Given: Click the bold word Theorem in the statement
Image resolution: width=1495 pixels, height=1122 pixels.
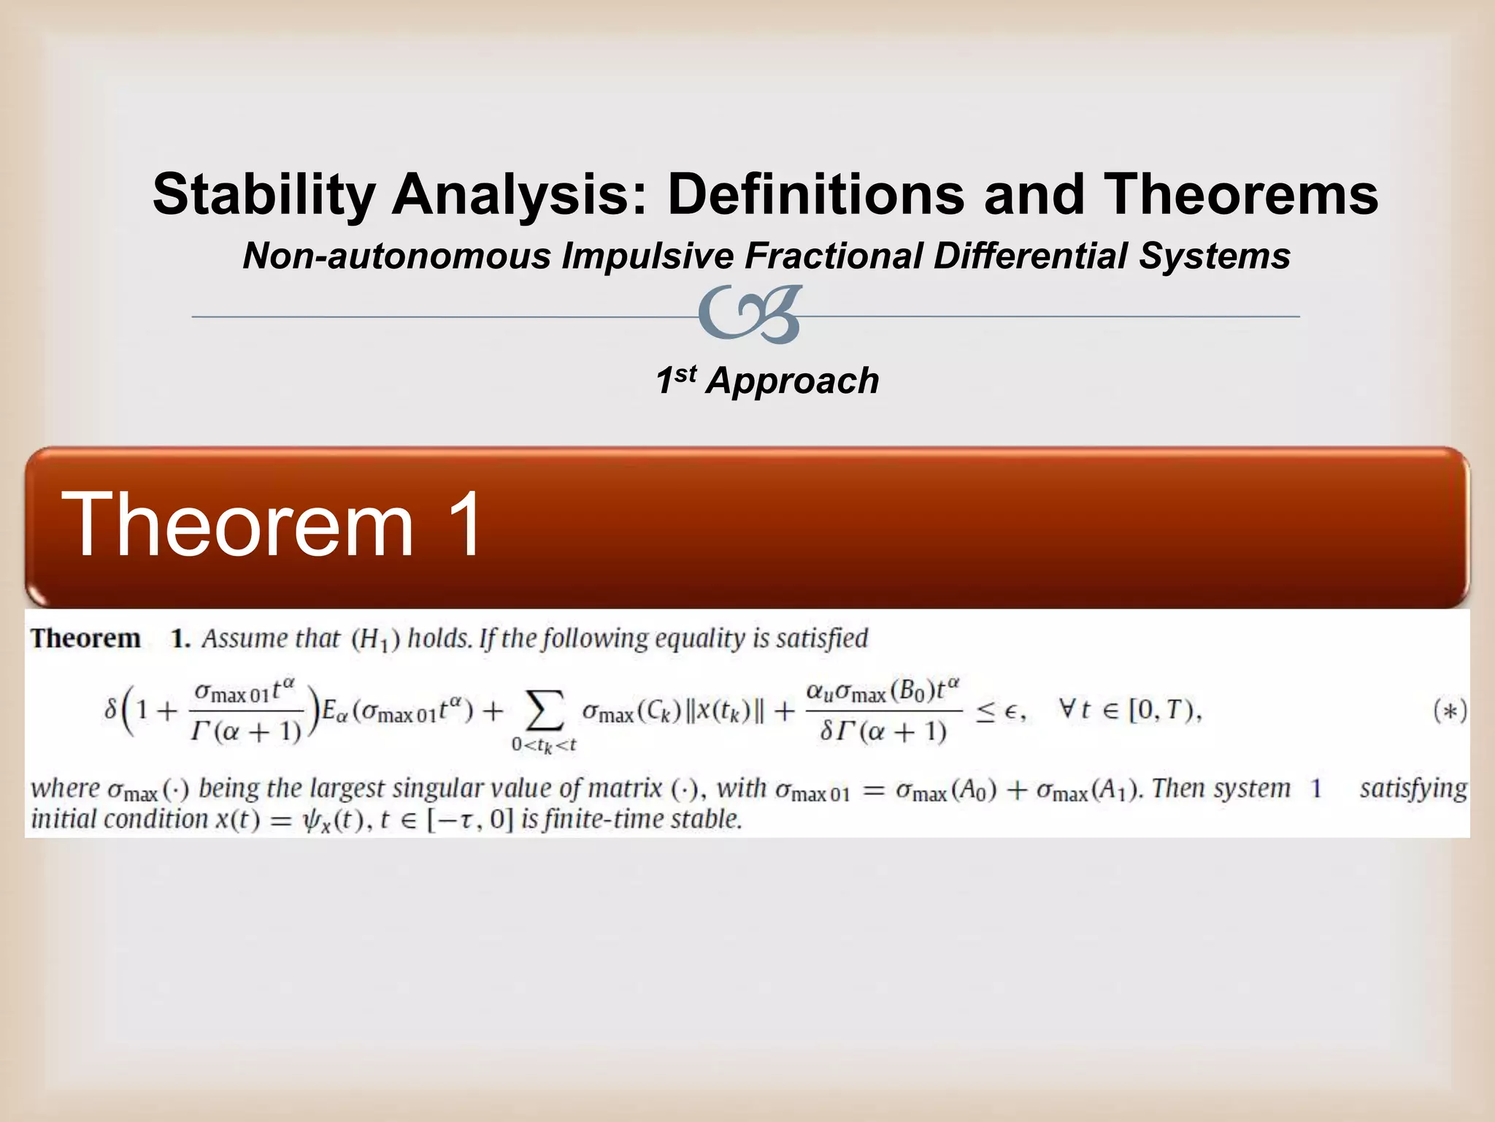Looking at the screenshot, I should pos(85,638).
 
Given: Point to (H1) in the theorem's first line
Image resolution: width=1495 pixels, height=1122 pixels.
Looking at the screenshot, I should pos(375,640).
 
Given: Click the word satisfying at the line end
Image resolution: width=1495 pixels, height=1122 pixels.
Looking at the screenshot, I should pos(1413,789).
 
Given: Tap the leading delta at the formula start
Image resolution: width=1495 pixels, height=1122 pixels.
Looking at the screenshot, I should pos(110,709).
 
